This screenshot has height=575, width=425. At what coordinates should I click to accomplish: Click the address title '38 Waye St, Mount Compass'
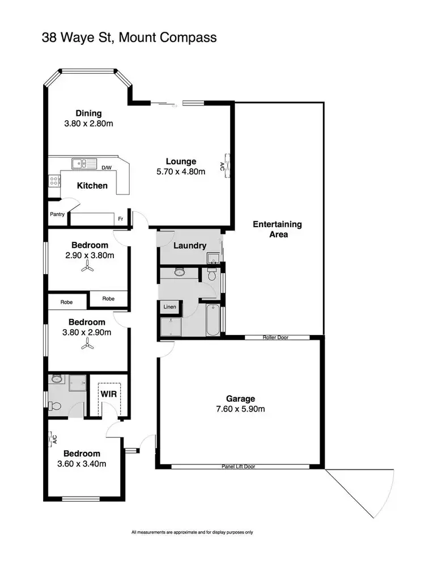point(129,38)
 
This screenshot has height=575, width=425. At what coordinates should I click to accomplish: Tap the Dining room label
point(89,113)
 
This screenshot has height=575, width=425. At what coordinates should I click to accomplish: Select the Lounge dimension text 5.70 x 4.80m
point(181,171)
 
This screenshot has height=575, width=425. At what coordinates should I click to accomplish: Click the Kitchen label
point(92,186)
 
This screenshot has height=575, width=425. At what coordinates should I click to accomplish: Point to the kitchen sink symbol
point(83,163)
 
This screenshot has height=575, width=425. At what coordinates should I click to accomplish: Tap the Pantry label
point(58,215)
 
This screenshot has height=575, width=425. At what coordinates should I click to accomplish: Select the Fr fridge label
point(121,219)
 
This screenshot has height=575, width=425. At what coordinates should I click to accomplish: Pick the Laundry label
point(189,246)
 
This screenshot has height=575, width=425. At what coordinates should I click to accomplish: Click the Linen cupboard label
point(170,307)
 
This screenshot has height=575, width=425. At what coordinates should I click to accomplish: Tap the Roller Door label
point(276,337)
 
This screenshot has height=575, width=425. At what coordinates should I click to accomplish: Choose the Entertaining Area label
point(277,229)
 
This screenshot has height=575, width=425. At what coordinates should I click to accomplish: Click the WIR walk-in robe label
point(108,393)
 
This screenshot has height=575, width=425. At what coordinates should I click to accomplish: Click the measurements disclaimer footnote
point(192,532)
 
